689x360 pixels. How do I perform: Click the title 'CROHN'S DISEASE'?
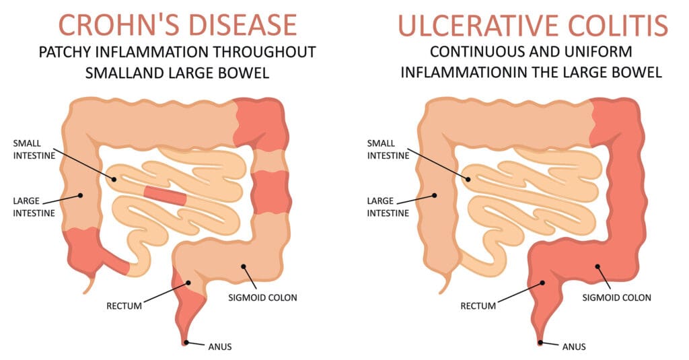tap(178, 25)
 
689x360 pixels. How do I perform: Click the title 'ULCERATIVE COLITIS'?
tap(533, 25)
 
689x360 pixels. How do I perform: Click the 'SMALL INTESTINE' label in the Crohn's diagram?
tap(34, 149)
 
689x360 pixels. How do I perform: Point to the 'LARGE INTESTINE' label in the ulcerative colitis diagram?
tap(388, 207)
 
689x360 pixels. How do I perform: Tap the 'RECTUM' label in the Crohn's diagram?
tap(124, 306)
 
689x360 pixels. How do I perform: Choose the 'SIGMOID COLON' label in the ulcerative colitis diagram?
tap(616, 297)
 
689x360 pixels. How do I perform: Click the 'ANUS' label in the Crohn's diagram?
tap(220, 347)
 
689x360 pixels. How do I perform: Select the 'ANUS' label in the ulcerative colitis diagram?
tap(574, 347)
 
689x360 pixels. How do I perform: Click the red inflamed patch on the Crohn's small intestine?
tap(166, 196)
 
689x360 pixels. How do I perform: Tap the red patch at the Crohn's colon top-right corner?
tap(260, 124)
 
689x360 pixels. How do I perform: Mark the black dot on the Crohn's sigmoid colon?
tap(243, 266)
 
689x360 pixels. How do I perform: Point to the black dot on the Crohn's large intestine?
tap(81, 195)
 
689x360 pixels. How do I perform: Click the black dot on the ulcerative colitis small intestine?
tap(468, 180)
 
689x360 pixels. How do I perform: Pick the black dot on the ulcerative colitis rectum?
tap(542, 283)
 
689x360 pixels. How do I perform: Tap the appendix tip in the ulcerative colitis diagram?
tap(441, 292)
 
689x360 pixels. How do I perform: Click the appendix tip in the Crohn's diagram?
tap(85, 292)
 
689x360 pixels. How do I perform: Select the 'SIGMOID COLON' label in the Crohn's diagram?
tap(263, 297)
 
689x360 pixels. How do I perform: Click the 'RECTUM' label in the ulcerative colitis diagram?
tap(478, 306)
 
